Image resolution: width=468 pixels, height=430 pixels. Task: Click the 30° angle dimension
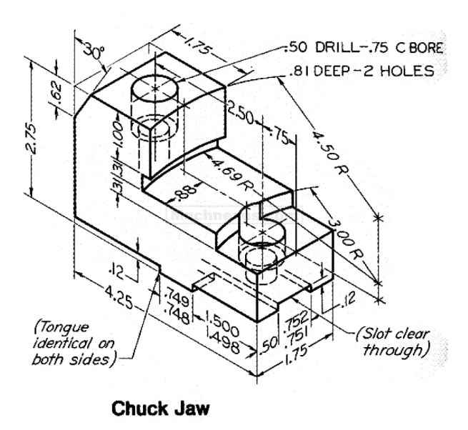93,52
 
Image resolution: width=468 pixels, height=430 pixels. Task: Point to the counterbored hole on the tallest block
157,87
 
